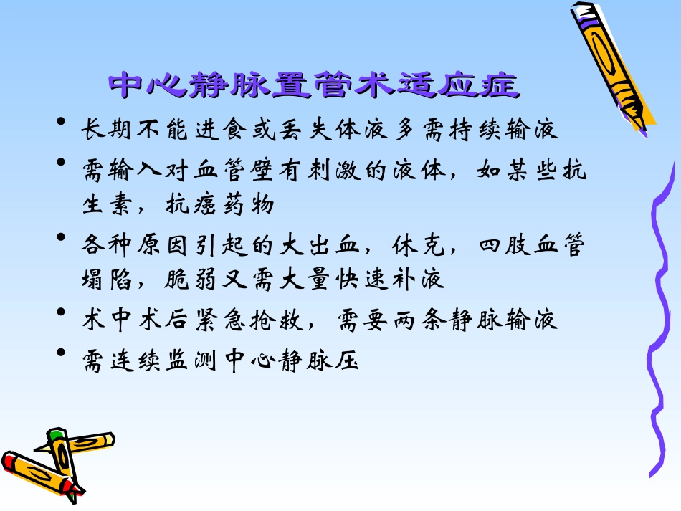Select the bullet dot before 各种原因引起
pyautogui.click(x=63, y=237)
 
